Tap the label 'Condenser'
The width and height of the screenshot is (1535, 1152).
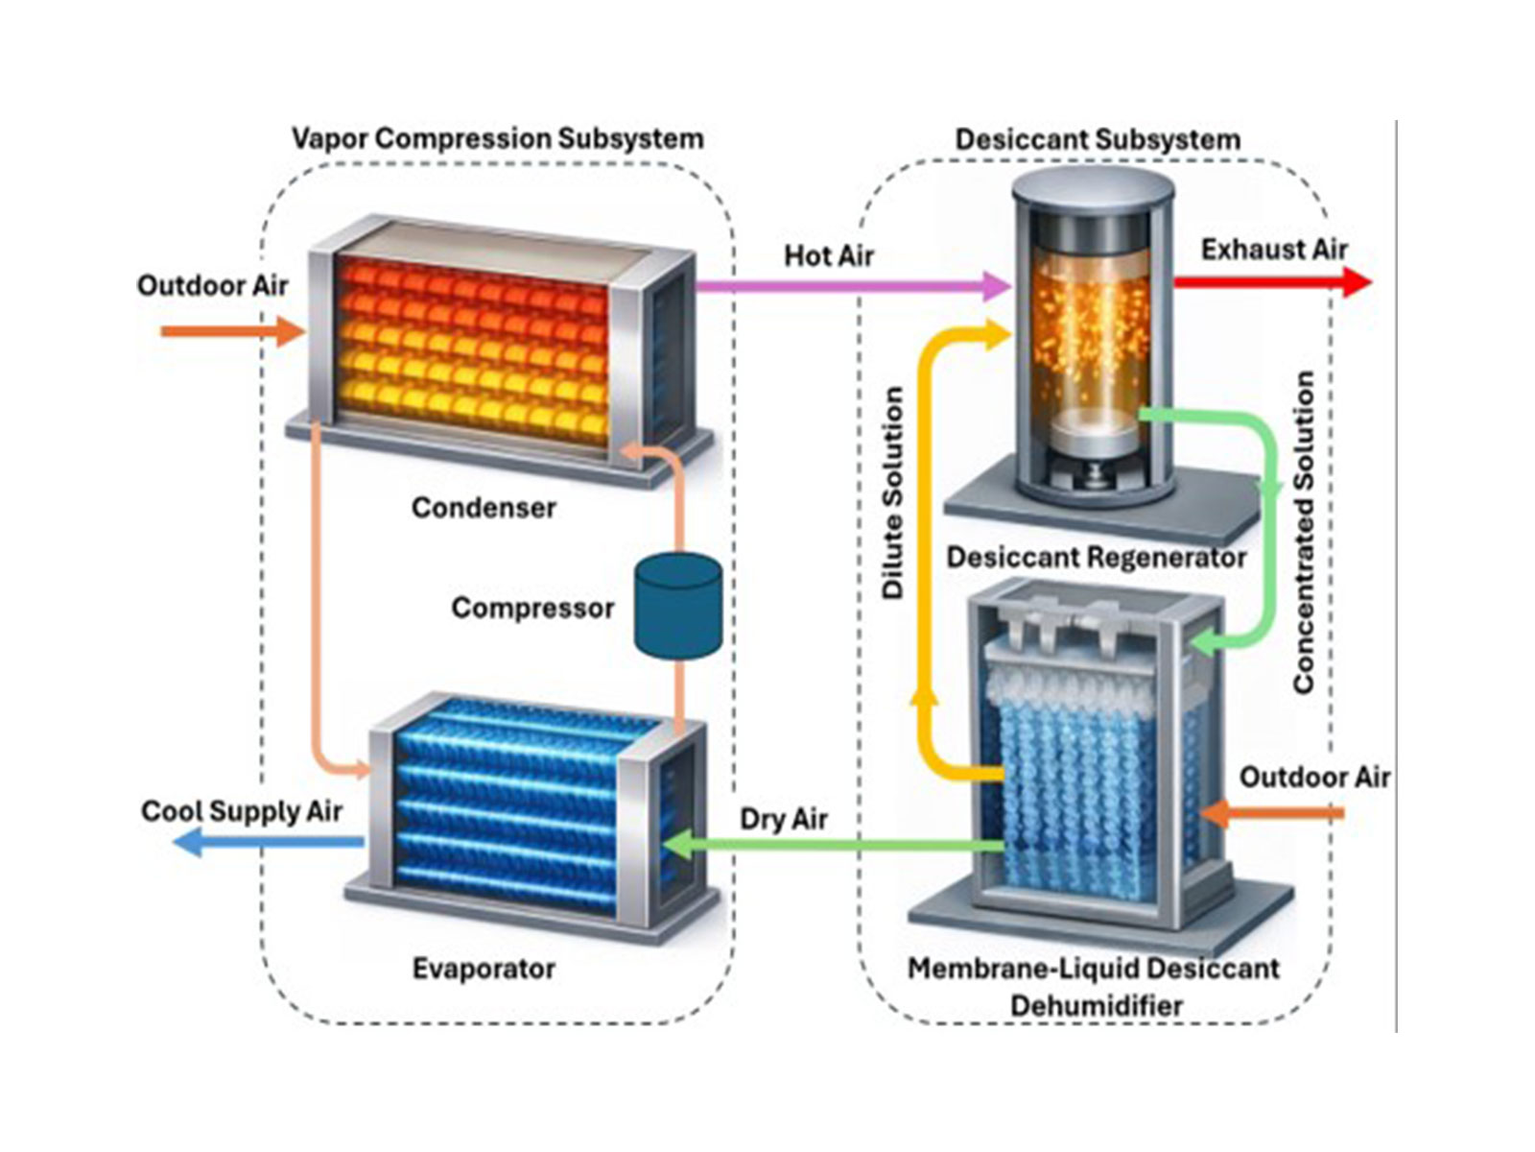(x=484, y=507)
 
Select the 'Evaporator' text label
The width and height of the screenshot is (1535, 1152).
(x=484, y=968)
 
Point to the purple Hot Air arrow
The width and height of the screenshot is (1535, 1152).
(x=844, y=285)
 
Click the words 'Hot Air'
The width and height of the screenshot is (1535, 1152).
(x=829, y=255)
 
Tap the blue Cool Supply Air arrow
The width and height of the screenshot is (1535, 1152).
(x=269, y=843)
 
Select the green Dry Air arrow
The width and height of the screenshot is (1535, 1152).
(x=835, y=846)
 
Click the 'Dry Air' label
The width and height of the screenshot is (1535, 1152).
(x=783, y=819)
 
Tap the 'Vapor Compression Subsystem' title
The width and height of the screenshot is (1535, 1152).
(x=497, y=138)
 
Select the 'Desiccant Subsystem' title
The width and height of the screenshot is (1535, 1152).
(x=1097, y=139)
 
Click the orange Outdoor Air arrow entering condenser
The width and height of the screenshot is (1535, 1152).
(x=230, y=332)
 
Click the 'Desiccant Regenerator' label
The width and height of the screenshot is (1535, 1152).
(x=1096, y=557)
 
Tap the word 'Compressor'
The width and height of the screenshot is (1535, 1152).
(x=532, y=608)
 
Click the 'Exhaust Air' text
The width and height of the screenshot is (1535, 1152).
(x=1274, y=250)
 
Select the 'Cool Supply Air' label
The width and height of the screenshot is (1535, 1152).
(x=241, y=811)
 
